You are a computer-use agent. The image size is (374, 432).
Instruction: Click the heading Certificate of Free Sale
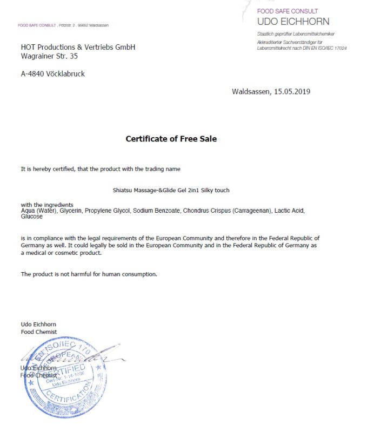tap(171, 139)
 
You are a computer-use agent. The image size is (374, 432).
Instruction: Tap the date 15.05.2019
tap(292, 91)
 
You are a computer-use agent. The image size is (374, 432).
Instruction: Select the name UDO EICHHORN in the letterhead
tap(293, 22)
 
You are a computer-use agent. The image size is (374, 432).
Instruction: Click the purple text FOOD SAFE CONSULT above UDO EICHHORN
tap(288, 11)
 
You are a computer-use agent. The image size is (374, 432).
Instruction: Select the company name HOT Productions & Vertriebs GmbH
tap(78, 47)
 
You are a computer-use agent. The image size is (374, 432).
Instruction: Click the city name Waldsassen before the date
tap(251, 91)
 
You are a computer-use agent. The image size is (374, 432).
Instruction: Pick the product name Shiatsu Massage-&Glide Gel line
tap(171, 190)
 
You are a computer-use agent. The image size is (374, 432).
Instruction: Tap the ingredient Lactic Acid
tap(290, 211)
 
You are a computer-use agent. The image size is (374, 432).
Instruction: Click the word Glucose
tap(31, 217)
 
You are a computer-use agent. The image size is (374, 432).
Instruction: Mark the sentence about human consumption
tap(89, 274)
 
